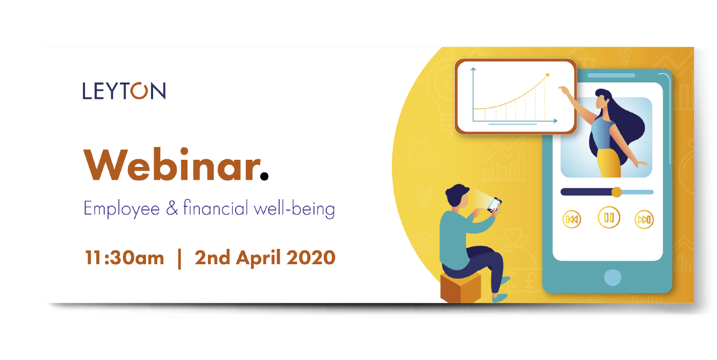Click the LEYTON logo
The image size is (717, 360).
(124, 91)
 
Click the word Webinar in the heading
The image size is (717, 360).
(172, 165)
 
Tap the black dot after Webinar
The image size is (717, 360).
(264, 176)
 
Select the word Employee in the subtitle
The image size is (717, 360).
(122, 208)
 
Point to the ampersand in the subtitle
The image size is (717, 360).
(172, 208)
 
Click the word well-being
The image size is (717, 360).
(294, 208)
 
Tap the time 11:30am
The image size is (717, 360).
(124, 258)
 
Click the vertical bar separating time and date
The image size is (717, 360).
(180, 259)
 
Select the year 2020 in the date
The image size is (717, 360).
(311, 258)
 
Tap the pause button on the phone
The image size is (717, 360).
(609, 218)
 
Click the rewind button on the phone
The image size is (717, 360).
(572, 220)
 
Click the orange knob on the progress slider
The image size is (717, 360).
(617, 192)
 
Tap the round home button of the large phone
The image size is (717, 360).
(613, 278)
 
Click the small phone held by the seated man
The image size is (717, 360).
(495, 204)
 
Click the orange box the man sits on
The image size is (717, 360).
(460, 287)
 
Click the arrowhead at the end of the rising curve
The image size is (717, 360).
(547, 75)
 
